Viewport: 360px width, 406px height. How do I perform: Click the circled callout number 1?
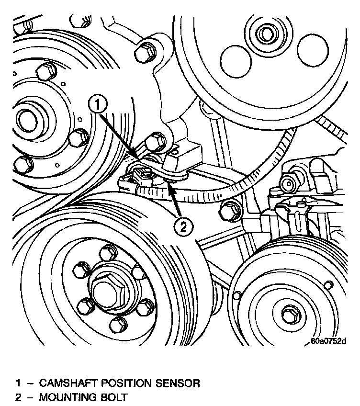pyautogui.click(x=97, y=104)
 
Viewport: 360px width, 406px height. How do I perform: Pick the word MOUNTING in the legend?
pyautogui.click(x=69, y=397)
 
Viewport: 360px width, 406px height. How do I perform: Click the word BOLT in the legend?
pyautogui.click(x=115, y=397)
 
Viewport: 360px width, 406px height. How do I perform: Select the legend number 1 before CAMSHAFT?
pyautogui.click(x=18, y=383)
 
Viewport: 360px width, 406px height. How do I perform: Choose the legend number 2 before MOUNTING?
pyautogui.click(x=18, y=397)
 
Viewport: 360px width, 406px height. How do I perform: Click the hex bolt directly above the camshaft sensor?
pyautogui.click(x=153, y=141)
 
